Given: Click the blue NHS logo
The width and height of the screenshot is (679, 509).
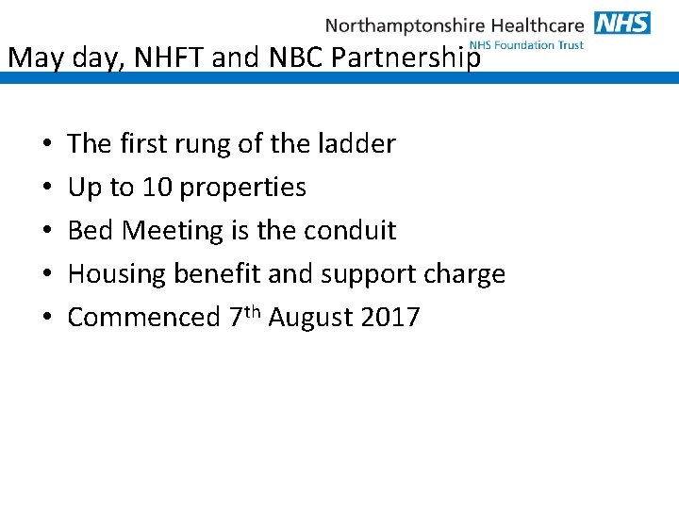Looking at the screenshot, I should [621, 23].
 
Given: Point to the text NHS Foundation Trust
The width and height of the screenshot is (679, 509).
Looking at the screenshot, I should [527, 45].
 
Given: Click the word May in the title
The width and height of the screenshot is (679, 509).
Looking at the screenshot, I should [35, 58].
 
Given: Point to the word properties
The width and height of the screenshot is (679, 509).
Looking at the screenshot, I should [242, 188].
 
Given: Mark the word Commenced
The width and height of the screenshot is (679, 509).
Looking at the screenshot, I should [143, 318].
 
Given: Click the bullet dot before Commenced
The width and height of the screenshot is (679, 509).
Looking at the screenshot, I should [47, 318].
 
